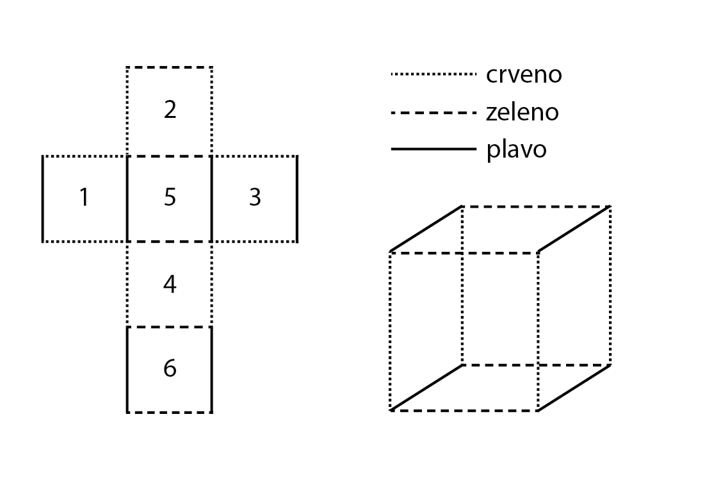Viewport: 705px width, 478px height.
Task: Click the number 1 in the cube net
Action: pyautogui.click(x=84, y=198)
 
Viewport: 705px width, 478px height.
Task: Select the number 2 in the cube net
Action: pyautogui.click(x=170, y=110)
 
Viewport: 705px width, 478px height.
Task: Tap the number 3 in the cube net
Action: pyautogui.click(x=255, y=198)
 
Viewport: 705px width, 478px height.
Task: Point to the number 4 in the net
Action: pyautogui.click(x=170, y=284)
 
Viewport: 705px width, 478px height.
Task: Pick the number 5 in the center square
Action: pyautogui.click(x=170, y=198)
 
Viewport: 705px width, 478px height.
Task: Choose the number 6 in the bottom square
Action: pyautogui.click(x=170, y=369)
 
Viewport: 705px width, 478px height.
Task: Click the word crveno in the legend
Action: pyautogui.click(x=524, y=74)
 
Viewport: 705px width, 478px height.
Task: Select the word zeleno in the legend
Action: pyautogui.click(x=522, y=113)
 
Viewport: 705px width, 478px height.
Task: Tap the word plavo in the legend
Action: pyautogui.click(x=516, y=150)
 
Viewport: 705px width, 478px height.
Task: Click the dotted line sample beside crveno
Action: pyautogui.click(x=434, y=75)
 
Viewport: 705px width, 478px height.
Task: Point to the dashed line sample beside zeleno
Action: pyautogui.click(x=434, y=113)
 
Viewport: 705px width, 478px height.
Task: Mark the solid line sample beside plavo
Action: pyautogui.click(x=434, y=150)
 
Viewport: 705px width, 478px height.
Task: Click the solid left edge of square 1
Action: pyautogui.click(x=43, y=199)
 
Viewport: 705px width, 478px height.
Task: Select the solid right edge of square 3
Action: pyautogui.click(x=297, y=199)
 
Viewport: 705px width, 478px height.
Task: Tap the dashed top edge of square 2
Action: pyautogui.click(x=170, y=67)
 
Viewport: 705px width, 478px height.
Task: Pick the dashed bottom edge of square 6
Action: pyautogui.click(x=170, y=412)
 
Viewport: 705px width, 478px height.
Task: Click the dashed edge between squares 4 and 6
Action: pyautogui.click(x=170, y=327)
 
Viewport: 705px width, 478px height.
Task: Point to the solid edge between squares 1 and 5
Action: pyautogui.click(x=127, y=199)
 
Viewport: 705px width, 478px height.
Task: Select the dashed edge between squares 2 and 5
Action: pyautogui.click(x=170, y=156)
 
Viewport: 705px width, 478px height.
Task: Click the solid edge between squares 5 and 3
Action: pyautogui.click(x=212, y=199)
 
